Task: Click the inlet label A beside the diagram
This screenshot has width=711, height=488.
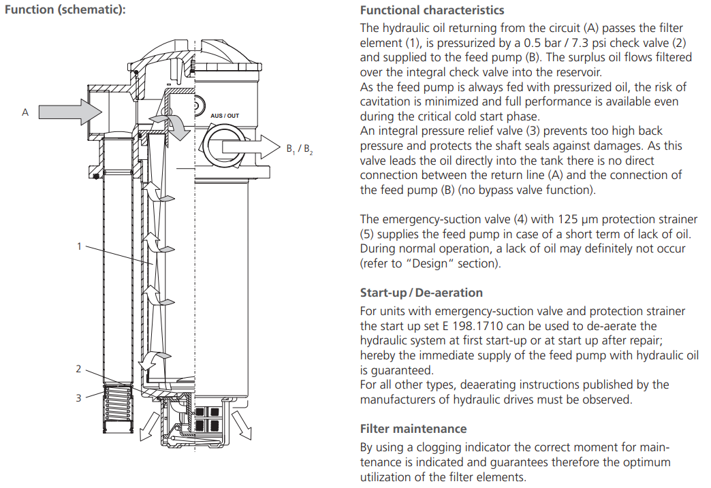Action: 25,112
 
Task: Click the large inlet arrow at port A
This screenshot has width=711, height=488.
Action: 70,112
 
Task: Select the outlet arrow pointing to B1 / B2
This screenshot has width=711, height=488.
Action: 251,147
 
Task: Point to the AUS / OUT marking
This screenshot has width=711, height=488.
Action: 225,116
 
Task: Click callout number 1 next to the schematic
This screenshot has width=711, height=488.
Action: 79,246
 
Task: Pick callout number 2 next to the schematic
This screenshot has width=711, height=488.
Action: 78,369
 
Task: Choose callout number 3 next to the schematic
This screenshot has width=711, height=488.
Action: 78,398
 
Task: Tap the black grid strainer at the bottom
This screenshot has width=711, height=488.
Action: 208,419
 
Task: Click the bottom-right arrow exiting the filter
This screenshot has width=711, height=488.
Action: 242,425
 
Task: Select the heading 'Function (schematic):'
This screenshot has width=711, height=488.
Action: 65,10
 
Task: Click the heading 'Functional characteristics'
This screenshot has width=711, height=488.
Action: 432,10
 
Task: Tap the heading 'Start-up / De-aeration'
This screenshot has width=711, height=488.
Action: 422,293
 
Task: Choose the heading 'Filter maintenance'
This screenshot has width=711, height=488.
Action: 413,429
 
